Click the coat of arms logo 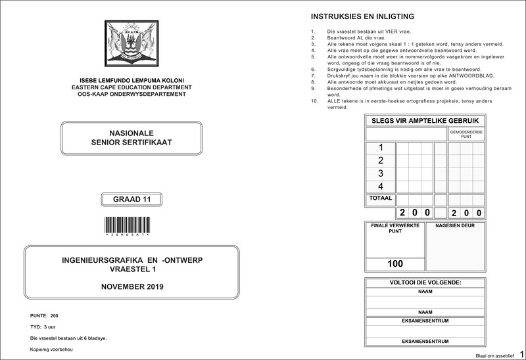[131, 43]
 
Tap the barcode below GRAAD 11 [131, 223]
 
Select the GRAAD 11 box [131, 200]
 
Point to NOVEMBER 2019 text [132, 287]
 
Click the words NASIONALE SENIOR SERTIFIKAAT [131, 137]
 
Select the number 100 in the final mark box [395, 263]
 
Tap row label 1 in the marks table [380, 148]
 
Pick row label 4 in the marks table [380, 187]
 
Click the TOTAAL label [381, 198]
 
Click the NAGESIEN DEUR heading [454, 227]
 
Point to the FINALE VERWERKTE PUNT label [396, 229]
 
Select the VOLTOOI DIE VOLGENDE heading [425, 282]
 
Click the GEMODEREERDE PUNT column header [466, 134]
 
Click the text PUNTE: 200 [45, 316]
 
